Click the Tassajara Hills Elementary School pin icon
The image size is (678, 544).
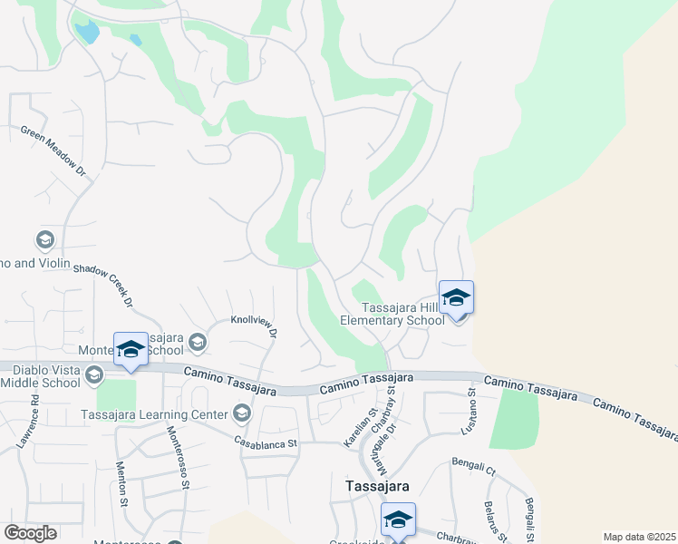click(x=456, y=299)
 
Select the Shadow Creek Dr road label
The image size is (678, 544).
click(x=103, y=284)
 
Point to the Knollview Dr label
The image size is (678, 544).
click(x=253, y=324)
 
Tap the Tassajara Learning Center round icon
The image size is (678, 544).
click(x=241, y=414)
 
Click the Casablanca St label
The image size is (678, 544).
click(x=267, y=443)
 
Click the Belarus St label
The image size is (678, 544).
click(x=490, y=517)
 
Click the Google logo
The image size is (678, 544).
click(x=30, y=533)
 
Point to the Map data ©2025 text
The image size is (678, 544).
click(x=638, y=537)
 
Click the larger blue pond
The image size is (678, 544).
click(x=88, y=34)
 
